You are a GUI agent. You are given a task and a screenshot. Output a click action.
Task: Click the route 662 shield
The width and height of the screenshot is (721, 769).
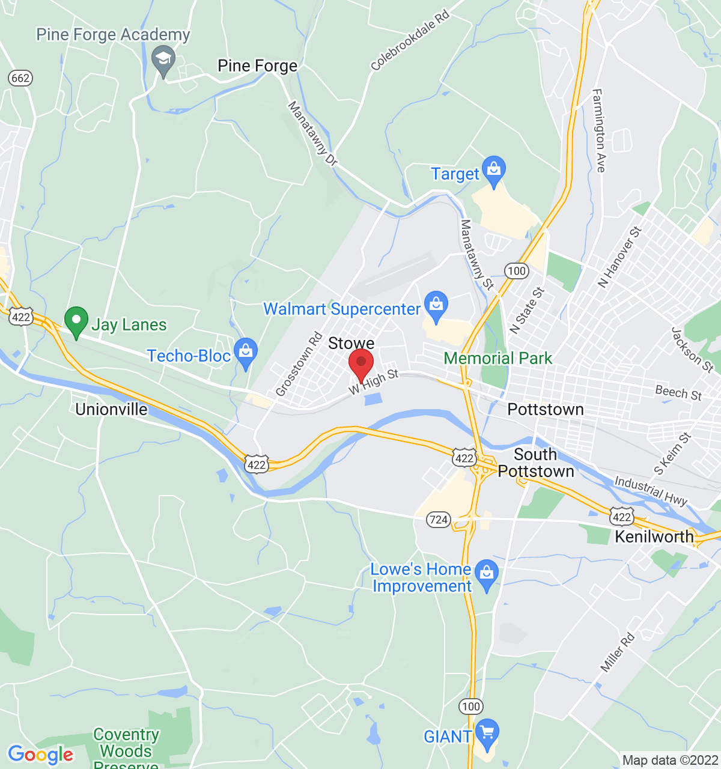[20, 78]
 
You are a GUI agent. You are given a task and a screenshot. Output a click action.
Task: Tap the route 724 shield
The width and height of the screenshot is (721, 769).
[439, 520]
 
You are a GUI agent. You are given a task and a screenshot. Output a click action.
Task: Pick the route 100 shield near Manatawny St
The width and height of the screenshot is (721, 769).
[516, 271]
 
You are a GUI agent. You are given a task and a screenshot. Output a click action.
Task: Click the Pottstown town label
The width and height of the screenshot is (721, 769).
[546, 410]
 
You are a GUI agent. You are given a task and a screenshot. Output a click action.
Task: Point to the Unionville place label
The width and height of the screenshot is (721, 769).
[111, 410]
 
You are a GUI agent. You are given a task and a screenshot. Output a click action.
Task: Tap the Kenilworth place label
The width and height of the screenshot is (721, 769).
[654, 536]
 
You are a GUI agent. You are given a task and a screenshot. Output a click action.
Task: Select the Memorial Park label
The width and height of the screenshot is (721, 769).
[497, 359]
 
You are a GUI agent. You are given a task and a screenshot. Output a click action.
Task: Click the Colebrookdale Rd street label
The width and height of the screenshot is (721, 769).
[410, 40]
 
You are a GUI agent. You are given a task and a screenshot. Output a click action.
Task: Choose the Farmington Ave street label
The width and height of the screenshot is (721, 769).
[598, 130]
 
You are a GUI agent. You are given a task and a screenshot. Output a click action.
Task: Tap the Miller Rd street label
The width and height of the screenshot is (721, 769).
[617, 653]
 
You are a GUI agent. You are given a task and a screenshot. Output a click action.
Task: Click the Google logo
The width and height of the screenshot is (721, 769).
[40, 755]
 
